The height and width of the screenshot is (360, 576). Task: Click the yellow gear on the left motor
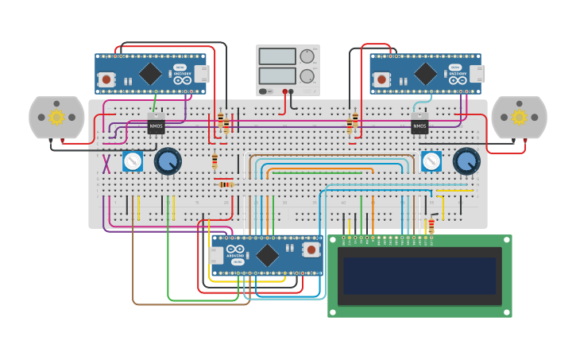click(x=56, y=118)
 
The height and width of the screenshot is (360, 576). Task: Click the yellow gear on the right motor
click(x=519, y=118)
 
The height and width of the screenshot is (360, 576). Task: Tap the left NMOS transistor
click(x=156, y=125)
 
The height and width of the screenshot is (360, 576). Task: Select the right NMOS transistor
click(x=419, y=125)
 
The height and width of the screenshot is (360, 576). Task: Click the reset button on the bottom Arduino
click(x=311, y=250)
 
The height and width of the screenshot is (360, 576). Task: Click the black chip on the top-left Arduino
click(x=150, y=74)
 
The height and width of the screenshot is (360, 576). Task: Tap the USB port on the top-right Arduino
click(x=477, y=74)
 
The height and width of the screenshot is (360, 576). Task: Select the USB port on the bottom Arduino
click(x=215, y=255)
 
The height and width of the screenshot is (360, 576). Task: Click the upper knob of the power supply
click(x=307, y=56)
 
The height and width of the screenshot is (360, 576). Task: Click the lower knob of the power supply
click(x=307, y=76)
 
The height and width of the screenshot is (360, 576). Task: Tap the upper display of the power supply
click(x=277, y=56)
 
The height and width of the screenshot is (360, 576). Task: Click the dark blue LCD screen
click(x=419, y=276)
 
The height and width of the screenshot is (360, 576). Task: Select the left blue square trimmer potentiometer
click(x=133, y=161)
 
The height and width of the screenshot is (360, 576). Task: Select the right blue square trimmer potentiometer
click(x=431, y=161)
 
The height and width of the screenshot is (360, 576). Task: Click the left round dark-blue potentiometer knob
click(x=167, y=161)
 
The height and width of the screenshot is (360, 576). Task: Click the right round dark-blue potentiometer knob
click(x=466, y=161)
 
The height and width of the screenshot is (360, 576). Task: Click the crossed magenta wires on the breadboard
click(x=106, y=164)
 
